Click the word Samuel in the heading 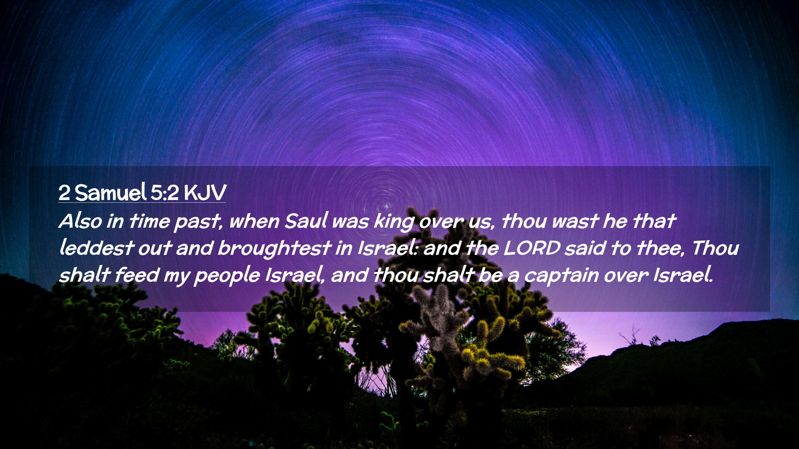pos(111,192)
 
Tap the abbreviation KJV pos(205,192)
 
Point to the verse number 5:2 pos(165,193)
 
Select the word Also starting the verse pos(80,221)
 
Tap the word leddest pos(96,248)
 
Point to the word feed pos(136,275)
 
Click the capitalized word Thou pos(715,248)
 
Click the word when pos(254,221)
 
